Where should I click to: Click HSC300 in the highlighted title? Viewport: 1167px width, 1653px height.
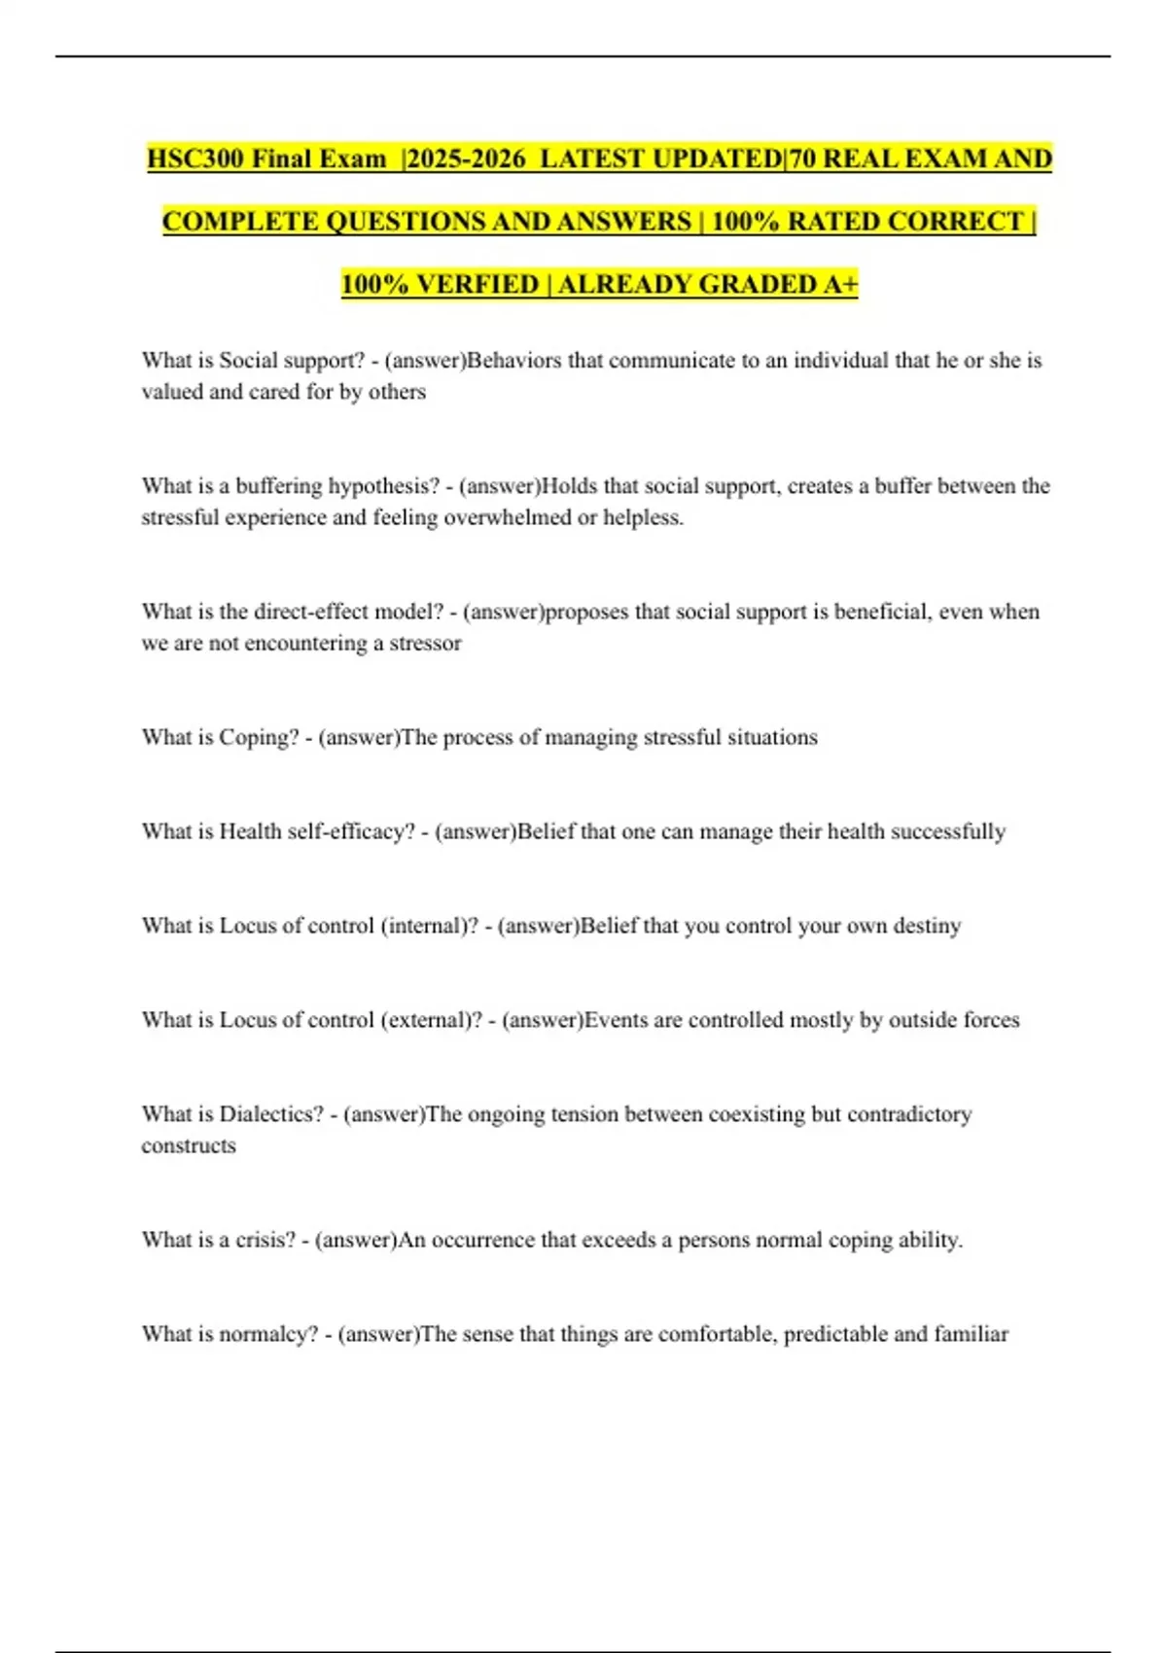point(194,158)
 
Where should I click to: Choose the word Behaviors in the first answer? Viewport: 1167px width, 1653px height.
point(514,361)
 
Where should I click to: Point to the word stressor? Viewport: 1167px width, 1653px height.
point(425,643)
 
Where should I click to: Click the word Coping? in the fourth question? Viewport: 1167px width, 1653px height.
point(259,737)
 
